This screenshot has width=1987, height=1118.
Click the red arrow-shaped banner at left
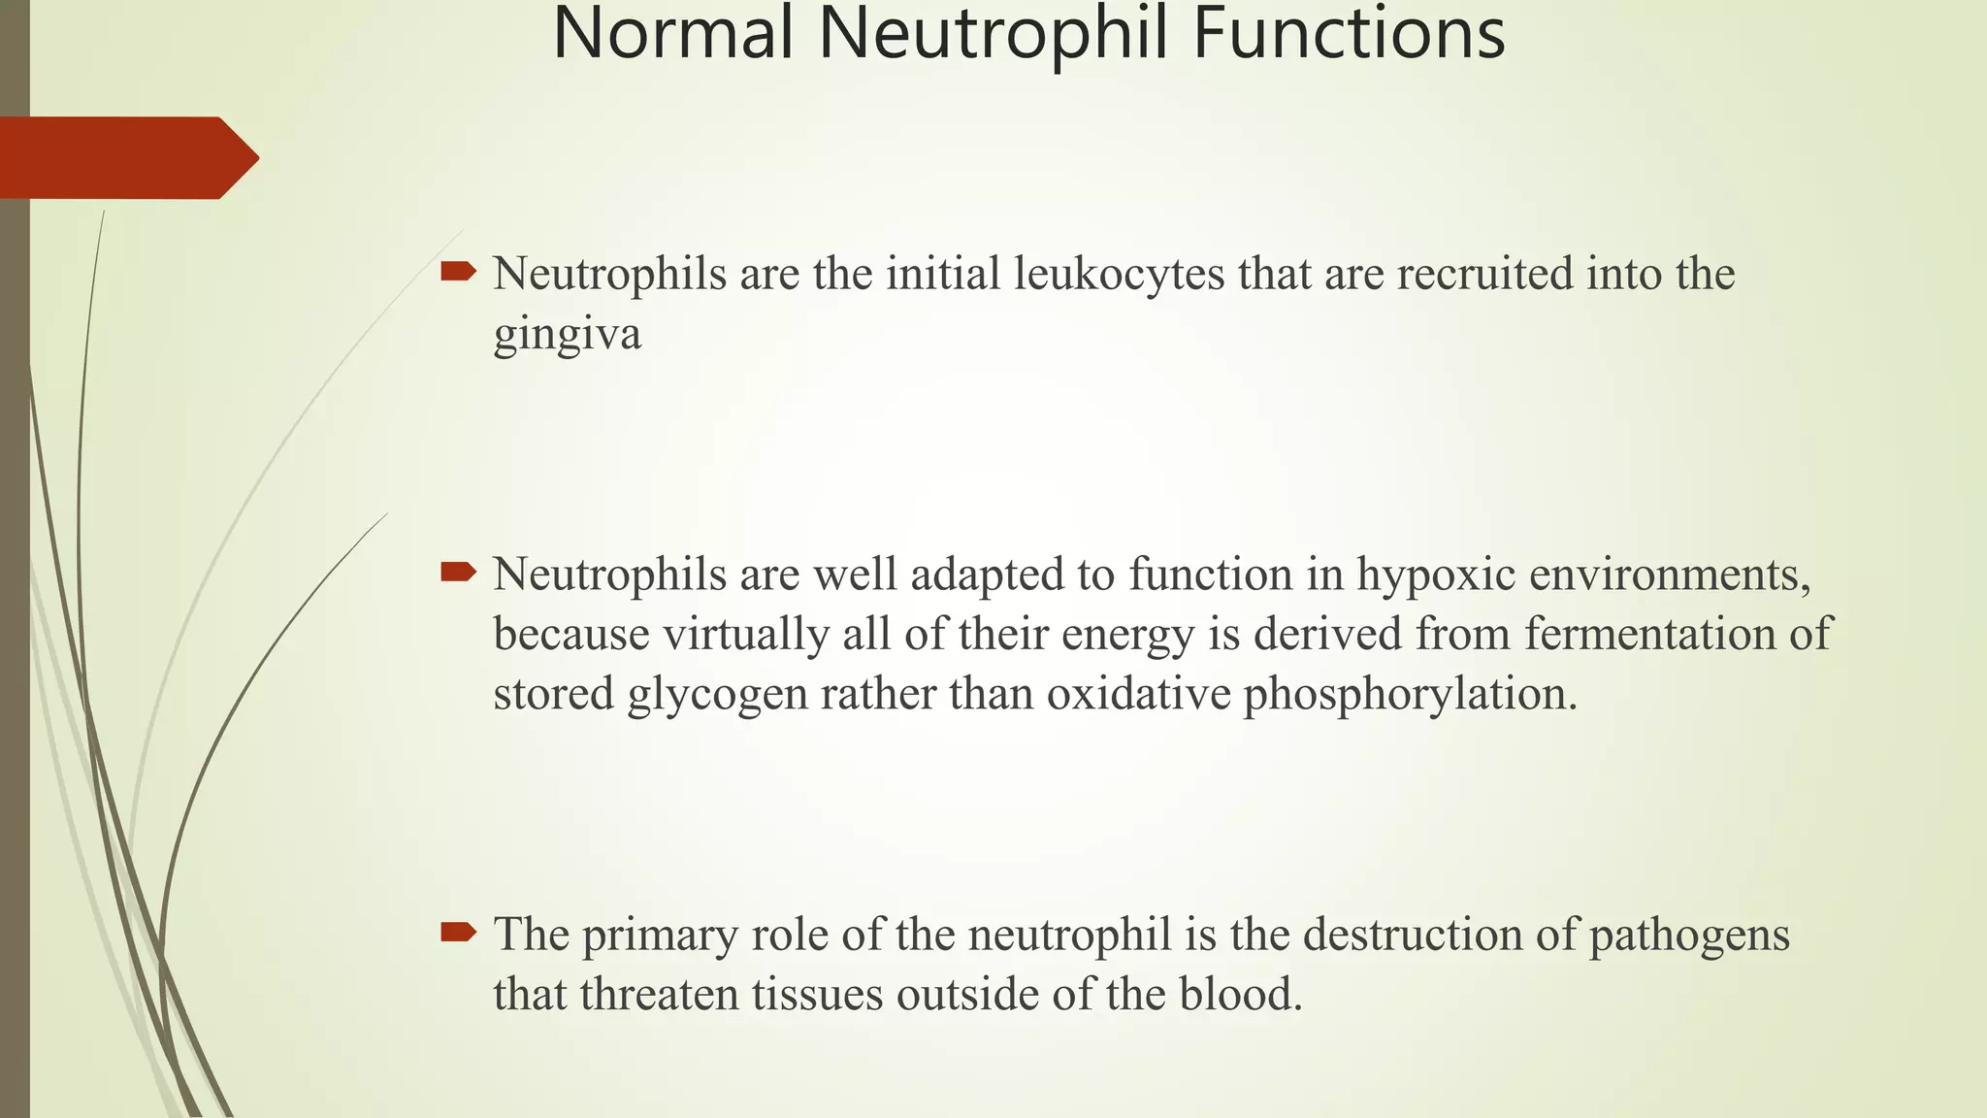tap(126, 158)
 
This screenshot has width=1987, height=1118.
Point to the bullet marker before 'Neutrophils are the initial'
tap(458, 272)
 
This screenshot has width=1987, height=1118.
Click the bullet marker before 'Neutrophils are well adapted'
tap(458, 573)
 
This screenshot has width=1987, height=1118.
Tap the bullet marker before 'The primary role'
tap(458, 934)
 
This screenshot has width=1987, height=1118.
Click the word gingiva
tap(567, 336)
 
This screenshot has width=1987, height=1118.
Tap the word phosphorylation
tap(1409, 696)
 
